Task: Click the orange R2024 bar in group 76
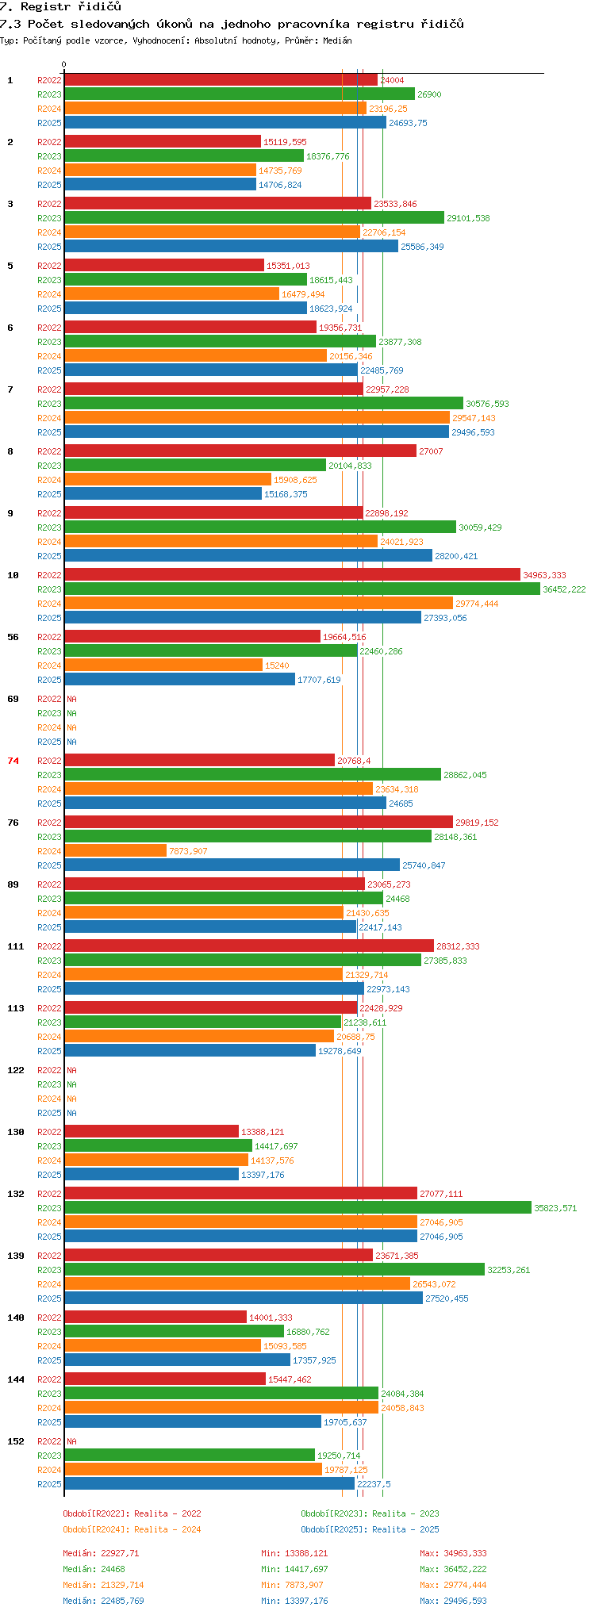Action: click(x=115, y=851)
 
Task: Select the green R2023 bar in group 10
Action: click(x=302, y=589)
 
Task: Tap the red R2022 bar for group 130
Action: click(x=152, y=1132)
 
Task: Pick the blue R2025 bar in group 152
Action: click(x=209, y=1484)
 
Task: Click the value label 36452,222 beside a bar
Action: click(x=564, y=589)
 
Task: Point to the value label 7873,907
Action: click(x=188, y=851)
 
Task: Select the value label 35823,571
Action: click(x=555, y=1208)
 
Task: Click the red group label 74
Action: click(x=13, y=761)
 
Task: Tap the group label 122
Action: click(x=16, y=1070)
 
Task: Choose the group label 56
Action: click(x=13, y=637)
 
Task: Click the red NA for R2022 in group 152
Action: click(x=71, y=1441)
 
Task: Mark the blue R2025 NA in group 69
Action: click(x=71, y=742)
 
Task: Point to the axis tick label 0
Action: click(x=64, y=64)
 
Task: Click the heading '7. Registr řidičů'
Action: click(x=61, y=7)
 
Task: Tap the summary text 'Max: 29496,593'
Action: click(x=453, y=1601)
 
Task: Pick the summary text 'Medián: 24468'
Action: click(x=94, y=1569)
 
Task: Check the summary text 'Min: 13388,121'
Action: click(x=294, y=1553)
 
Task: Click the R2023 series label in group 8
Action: click(x=49, y=466)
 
